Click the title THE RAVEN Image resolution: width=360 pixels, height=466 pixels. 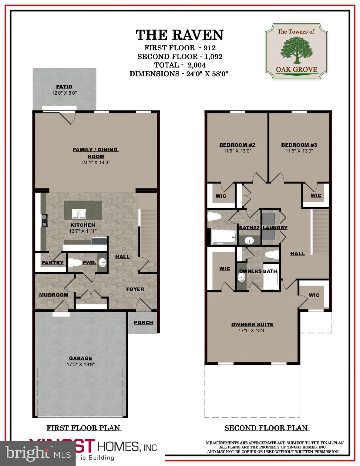[180, 35]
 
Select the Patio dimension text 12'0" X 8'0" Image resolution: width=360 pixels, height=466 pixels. [64, 93]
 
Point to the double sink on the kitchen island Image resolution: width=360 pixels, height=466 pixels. [79, 214]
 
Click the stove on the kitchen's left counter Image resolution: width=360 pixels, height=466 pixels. [45, 221]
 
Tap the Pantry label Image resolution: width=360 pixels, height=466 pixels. [52, 263]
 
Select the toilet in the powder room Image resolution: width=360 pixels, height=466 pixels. [75, 262]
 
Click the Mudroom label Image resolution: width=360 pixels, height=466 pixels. [54, 295]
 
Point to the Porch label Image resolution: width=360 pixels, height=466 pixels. [143, 322]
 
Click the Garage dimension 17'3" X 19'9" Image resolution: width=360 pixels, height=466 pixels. [81, 364]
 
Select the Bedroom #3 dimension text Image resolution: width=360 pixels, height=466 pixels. [299, 151]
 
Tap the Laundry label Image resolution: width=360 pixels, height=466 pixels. [275, 228]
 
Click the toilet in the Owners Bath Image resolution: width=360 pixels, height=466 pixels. [271, 255]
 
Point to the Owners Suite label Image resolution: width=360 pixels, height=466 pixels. [252, 324]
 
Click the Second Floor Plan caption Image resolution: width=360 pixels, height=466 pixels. [266, 428]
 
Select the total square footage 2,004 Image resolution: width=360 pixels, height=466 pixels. [197, 65]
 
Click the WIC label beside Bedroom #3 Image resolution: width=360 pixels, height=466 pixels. [316, 195]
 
